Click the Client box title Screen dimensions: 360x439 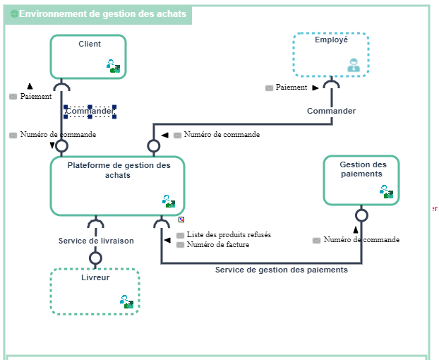[89, 44]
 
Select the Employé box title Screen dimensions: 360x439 [331, 40]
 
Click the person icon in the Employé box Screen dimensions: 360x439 [353, 66]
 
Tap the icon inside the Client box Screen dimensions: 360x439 [114, 66]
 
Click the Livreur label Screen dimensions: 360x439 [95, 277]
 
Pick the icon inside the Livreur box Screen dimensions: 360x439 [126, 302]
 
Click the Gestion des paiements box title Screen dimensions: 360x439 [361, 169]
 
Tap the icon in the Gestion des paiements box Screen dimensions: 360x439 [386, 191]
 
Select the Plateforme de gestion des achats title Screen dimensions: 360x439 [119, 170]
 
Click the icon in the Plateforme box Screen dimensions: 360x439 [169, 201]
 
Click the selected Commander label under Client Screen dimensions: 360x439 [90, 112]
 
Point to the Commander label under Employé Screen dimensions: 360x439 [331, 111]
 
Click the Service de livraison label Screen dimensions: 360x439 [96, 241]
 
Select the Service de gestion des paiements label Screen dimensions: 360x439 [281, 270]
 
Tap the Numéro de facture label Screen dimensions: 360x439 [218, 245]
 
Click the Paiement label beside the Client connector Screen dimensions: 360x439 [36, 96]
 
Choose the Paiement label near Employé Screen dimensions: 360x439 [291, 88]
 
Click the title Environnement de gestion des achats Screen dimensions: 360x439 [103, 14]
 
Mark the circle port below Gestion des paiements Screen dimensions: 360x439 [361, 215]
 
